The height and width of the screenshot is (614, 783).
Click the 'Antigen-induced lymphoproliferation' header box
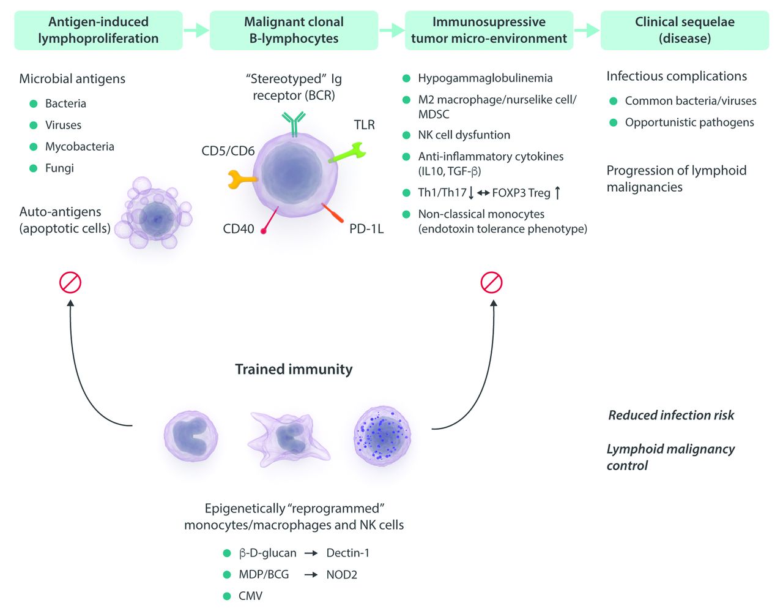98,30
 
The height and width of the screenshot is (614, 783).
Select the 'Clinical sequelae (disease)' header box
685,30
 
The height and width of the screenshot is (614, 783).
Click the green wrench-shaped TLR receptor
347,152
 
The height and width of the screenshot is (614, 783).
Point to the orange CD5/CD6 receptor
241,179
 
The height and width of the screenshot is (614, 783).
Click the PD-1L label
366,229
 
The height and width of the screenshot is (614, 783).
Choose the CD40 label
239,229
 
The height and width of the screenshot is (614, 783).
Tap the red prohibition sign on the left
70,283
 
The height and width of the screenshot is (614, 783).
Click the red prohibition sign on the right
492,283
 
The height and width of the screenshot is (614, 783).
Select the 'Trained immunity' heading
294,369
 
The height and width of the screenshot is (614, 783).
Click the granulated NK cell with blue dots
382,435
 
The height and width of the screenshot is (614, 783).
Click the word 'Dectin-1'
347,553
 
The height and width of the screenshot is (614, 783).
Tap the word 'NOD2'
341,575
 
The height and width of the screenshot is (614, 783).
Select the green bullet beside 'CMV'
227,596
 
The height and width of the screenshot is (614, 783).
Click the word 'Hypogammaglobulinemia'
485,78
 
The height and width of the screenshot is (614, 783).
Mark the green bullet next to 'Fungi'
34,168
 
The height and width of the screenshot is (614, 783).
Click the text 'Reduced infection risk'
671,415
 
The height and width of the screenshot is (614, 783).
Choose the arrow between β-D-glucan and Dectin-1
311,553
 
